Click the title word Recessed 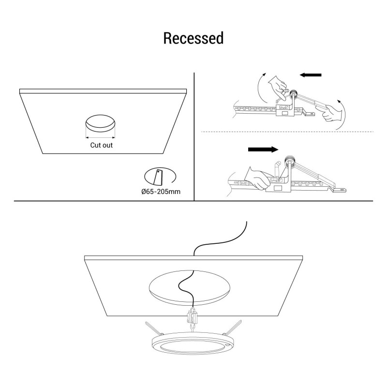pos(193,38)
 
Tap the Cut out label pos(102,145)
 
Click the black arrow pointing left pos(311,75)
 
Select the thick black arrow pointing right pos(263,149)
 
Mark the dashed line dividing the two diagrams pos(285,132)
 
